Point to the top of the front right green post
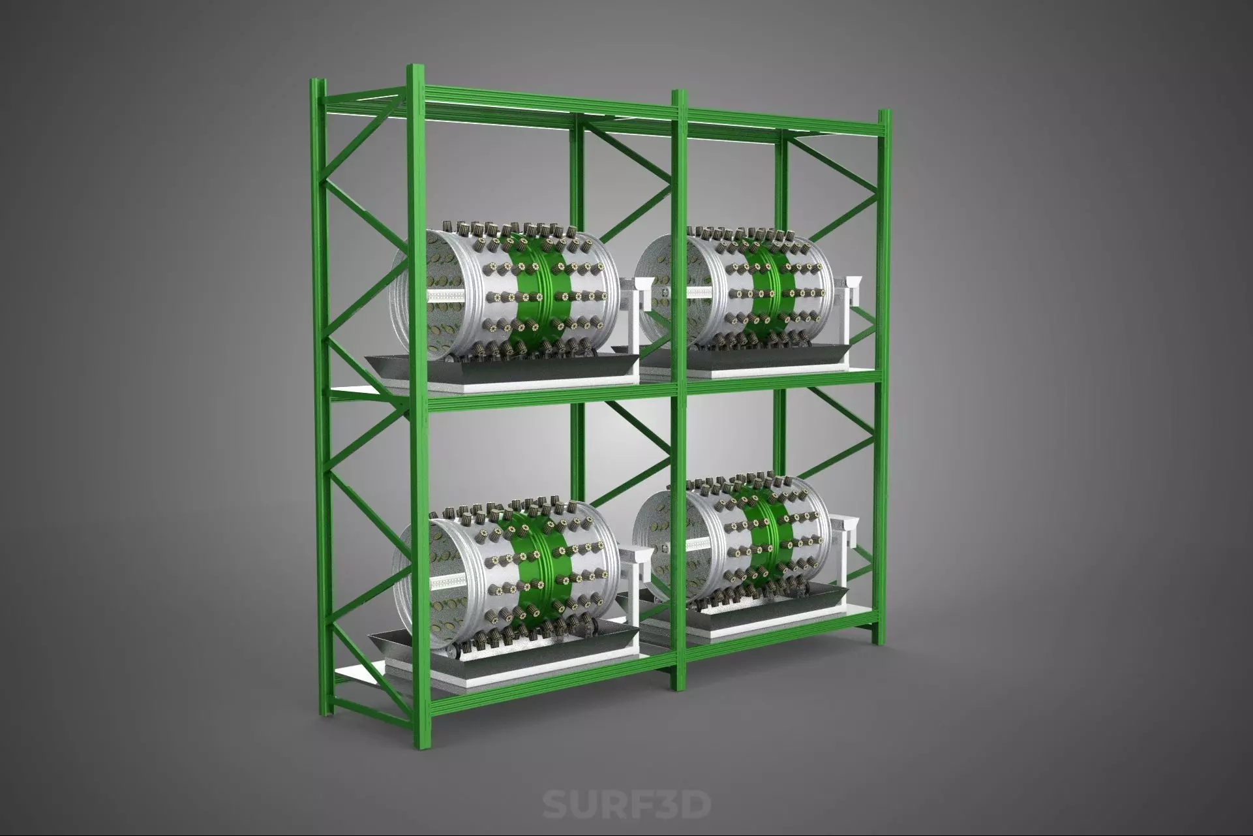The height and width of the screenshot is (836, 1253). click(x=884, y=116)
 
